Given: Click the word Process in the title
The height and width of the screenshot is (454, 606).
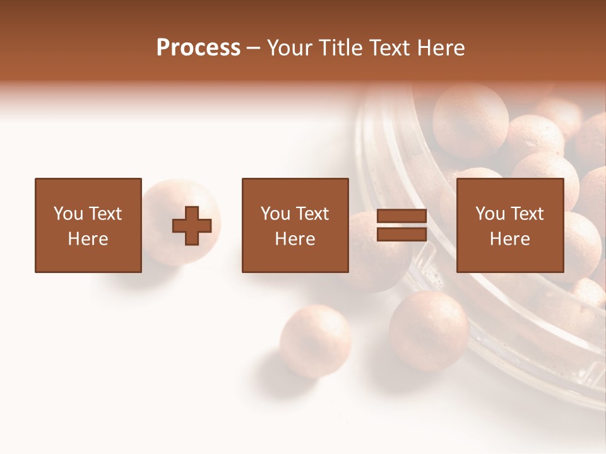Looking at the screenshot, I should click(x=198, y=48).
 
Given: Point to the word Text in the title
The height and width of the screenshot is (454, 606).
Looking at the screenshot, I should click(x=392, y=48).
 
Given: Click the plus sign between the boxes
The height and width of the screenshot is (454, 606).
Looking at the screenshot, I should click(x=192, y=226).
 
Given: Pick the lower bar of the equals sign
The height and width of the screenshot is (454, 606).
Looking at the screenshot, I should click(x=401, y=235).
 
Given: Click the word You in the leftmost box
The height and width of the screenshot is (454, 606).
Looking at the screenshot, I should click(x=69, y=214).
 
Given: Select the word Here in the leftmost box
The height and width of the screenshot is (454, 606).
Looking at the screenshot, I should click(x=88, y=239).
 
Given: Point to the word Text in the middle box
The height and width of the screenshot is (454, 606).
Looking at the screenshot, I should click(x=312, y=214).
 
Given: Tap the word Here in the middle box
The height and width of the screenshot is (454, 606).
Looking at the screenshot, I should click(x=295, y=239).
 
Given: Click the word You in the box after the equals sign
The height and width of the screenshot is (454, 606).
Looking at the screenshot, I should click(x=490, y=214).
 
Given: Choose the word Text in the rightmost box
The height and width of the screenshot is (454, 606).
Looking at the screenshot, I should click(x=527, y=214).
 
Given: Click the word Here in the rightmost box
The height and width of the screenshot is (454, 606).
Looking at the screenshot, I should click(x=509, y=239).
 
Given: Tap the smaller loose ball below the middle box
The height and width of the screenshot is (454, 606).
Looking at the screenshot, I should click(x=315, y=340).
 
